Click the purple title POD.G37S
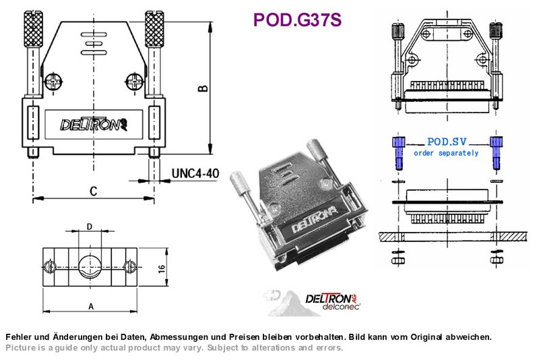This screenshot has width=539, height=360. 297,20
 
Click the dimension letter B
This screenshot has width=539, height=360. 203,88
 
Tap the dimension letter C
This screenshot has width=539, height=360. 93,191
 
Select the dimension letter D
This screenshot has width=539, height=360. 90,227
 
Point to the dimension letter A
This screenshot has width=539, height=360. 91,306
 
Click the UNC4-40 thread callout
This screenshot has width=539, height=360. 195,173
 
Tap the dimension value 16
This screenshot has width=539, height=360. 162,268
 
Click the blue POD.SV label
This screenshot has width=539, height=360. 447,142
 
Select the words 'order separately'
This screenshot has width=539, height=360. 446,153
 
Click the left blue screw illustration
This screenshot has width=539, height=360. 398,152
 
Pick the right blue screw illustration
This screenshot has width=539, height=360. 496,152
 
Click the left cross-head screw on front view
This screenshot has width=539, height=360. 54,82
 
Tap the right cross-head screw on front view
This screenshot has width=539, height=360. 134,82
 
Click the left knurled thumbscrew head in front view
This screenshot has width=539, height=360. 33,29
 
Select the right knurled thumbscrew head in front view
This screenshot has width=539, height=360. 154,29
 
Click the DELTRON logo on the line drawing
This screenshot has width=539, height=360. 94,124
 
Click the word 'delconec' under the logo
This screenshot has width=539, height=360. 341,305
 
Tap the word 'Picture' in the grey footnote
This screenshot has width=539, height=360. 21,348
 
